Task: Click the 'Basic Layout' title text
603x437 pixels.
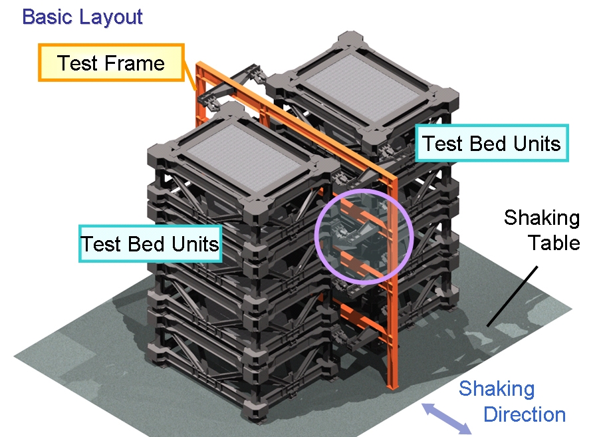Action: (82, 17)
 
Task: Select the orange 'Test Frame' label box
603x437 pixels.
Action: (110, 63)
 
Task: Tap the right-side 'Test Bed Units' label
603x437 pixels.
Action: (491, 143)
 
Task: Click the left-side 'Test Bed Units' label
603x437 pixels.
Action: (150, 243)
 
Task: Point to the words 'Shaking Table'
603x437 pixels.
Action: (542, 230)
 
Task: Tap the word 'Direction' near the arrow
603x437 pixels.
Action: (524, 415)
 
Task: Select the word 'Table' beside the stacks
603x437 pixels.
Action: (554, 243)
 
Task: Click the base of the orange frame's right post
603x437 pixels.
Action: (392, 386)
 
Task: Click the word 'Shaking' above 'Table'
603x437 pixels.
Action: (542, 218)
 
